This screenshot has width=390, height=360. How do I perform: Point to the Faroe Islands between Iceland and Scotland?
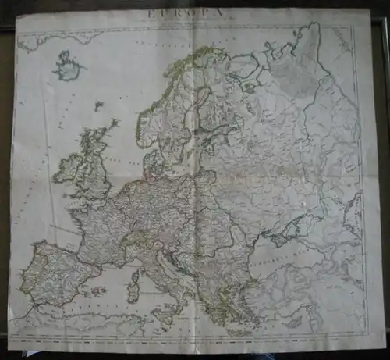tap(98, 105)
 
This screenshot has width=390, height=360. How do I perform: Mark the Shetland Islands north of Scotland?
tap(114, 123)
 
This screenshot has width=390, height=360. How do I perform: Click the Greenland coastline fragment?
tap(55, 37)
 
